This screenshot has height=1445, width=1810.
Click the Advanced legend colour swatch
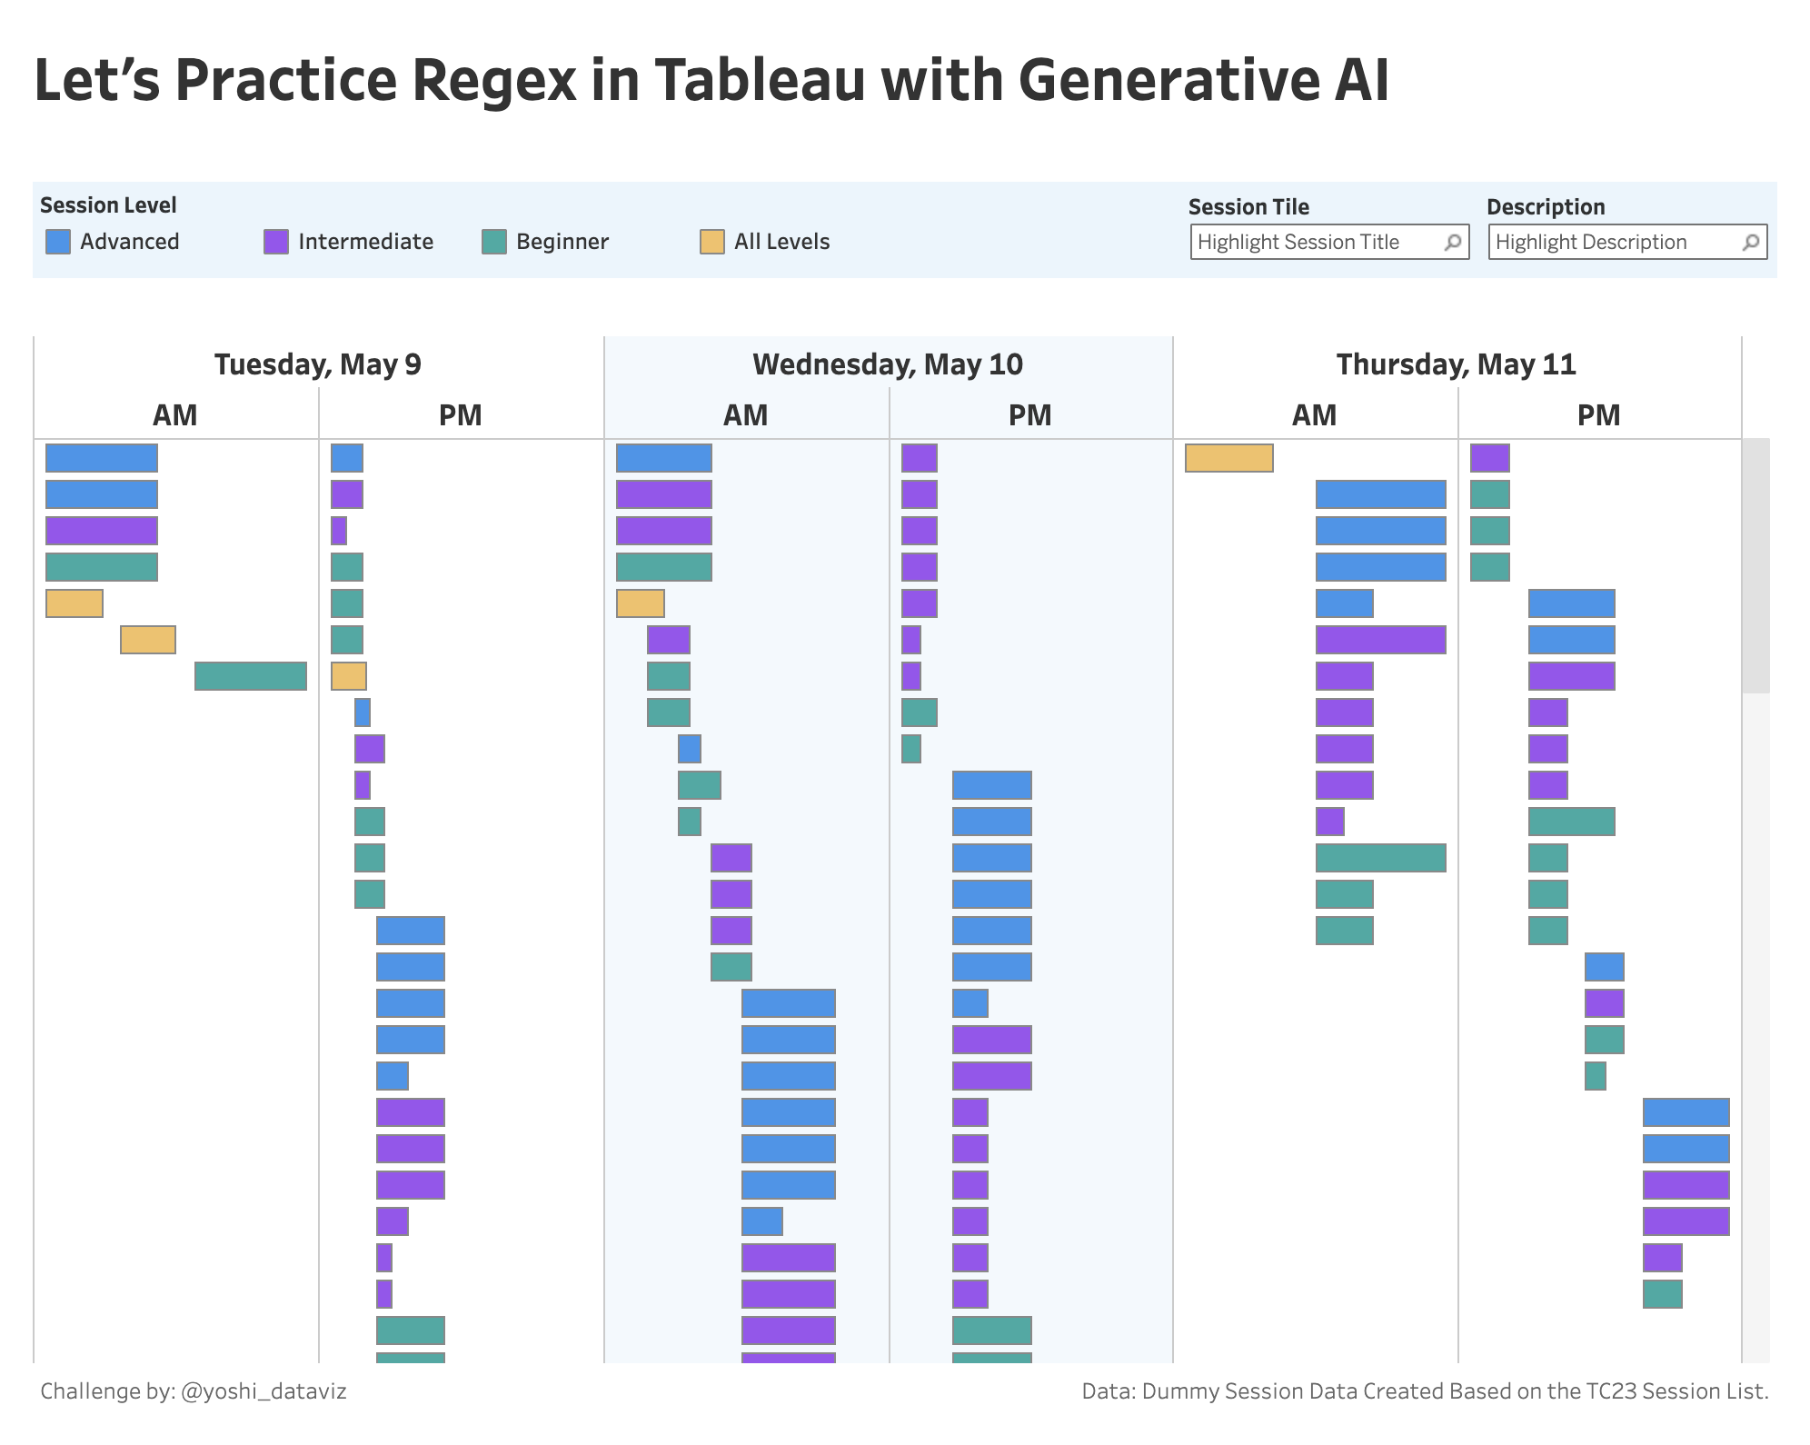tap(58, 242)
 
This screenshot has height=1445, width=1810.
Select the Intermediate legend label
tap(365, 242)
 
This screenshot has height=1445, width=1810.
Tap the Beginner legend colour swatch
tap(494, 242)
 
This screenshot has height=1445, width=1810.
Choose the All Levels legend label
tap(781, 242)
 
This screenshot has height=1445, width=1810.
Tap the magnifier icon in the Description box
tap(1751, 243)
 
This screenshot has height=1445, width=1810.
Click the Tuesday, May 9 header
tap(318, 364)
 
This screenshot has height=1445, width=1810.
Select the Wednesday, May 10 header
tap(888, 364)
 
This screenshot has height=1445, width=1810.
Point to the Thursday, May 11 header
tap(1456, 364)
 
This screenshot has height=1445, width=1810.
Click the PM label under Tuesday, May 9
tap(460, 415)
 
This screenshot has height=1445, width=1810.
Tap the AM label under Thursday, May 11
tap(1314, 415)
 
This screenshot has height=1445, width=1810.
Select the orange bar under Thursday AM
tap(1228, 458)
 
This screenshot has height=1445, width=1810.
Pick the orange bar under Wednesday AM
tap(640, 603)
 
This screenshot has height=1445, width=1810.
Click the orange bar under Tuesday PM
tap(348, 676)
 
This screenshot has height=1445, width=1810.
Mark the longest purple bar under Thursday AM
tap(1380, 640)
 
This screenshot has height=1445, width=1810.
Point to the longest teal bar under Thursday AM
tap(1380, 858)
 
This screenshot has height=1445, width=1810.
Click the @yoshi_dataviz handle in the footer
tap(264, 1391)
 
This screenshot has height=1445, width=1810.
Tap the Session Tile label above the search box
tap(1248, 207)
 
